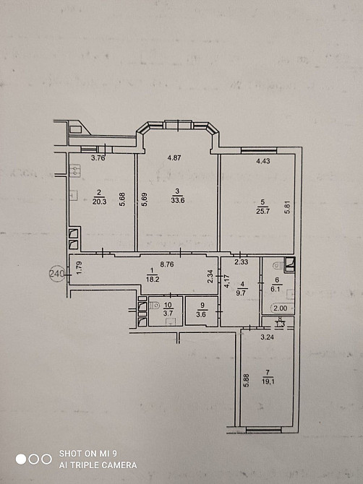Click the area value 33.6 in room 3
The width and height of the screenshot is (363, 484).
178,200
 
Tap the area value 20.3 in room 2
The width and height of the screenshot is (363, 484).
99,202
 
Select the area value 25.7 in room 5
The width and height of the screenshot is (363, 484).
263,211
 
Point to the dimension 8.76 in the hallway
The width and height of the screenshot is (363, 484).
167,264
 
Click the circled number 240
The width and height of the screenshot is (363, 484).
57,274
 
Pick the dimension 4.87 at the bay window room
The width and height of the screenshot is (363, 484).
174,157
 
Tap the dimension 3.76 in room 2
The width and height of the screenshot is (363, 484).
98,158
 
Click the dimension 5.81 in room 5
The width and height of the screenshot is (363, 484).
288,207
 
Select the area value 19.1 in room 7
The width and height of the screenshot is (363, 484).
268,381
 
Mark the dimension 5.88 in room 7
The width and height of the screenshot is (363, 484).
247,381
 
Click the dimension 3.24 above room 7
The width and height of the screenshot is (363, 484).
268,337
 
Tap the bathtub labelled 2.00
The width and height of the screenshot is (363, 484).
282,308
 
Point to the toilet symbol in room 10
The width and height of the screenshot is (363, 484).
153,306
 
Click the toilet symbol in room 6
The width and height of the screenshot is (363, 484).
278,264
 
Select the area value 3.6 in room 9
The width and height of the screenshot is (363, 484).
202,315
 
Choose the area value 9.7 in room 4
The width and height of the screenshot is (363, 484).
241,293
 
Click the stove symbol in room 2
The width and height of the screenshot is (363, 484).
75,170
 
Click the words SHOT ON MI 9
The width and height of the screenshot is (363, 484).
88,454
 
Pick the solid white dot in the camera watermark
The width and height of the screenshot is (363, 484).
21,459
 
